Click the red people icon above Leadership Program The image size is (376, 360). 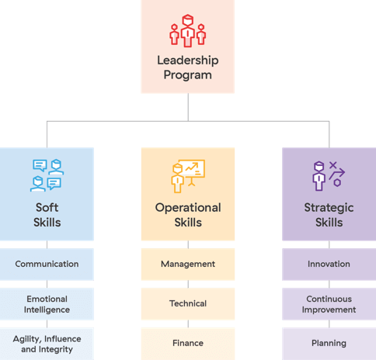(x=188, y=31)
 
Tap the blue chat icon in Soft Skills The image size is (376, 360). (x=47, y=175)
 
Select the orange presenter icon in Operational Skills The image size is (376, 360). (x=188, y=176)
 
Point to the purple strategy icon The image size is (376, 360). (x=329, y=176)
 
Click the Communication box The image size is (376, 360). (x=47, y=265)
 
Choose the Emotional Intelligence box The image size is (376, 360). (x=47, y=304)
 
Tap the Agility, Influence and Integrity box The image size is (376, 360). (x=47, y=344)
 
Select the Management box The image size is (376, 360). (x=188, y=265)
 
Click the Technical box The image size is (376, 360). (x=188, y=304)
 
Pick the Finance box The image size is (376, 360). (x=188, y=344)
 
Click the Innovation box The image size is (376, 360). (x=329, y=265)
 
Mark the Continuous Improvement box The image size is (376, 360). (x=329, y=304)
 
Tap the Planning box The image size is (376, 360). (x=329, y=344)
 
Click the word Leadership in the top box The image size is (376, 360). (x=188, y=61)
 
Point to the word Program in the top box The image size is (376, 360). (x=188, y=75)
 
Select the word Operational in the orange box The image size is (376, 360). (x=188, y=208)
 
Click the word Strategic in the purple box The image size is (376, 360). (x=329, y=208)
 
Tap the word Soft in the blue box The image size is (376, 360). (x=47, y=207)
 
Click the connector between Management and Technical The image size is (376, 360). (x=188, y=284)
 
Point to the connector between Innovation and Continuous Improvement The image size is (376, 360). (x=329, y=284)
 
